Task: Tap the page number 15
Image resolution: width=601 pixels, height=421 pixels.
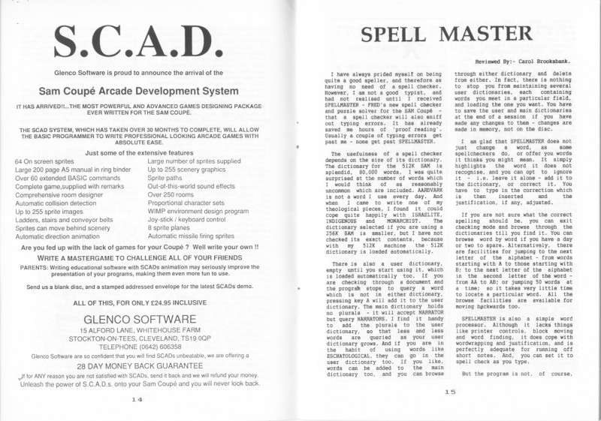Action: click(449, 391)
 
